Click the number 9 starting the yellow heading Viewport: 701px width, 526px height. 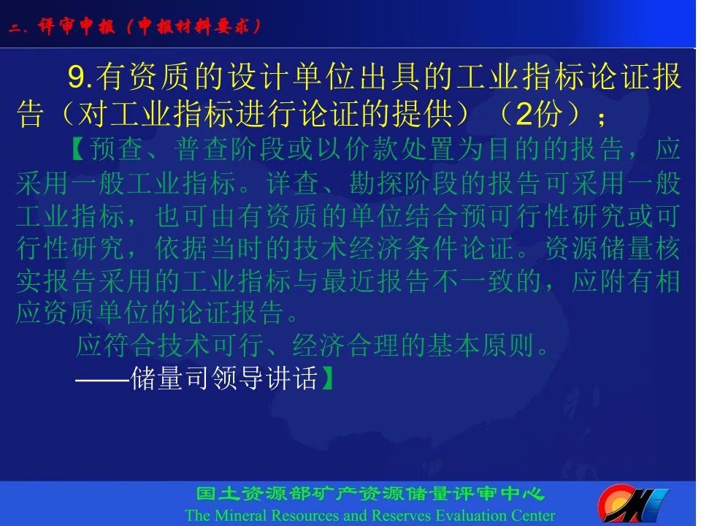pyautogui.click(x=76, y=77)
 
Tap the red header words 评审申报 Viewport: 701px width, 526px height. pyautogui.click(x=77, y=26)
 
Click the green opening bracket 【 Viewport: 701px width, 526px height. pyautogui.click(x=78, y=149)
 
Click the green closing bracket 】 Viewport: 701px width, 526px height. pyautogui.click(x=327, y=378)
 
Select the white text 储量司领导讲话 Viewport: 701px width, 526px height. pyautogui.click(x=224, y=378)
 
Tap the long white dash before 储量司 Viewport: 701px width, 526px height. pyautogui.click(x=102, y=380)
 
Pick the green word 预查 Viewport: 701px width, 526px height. pyautogui.click(x=115, y=149)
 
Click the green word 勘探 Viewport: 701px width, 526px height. pyautogui.click(x=377, y=183)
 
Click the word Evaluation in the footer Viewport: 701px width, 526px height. pyautogui.click(x=469, y=515)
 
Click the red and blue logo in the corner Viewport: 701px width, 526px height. pyautogui.click(x=633, y=503)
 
